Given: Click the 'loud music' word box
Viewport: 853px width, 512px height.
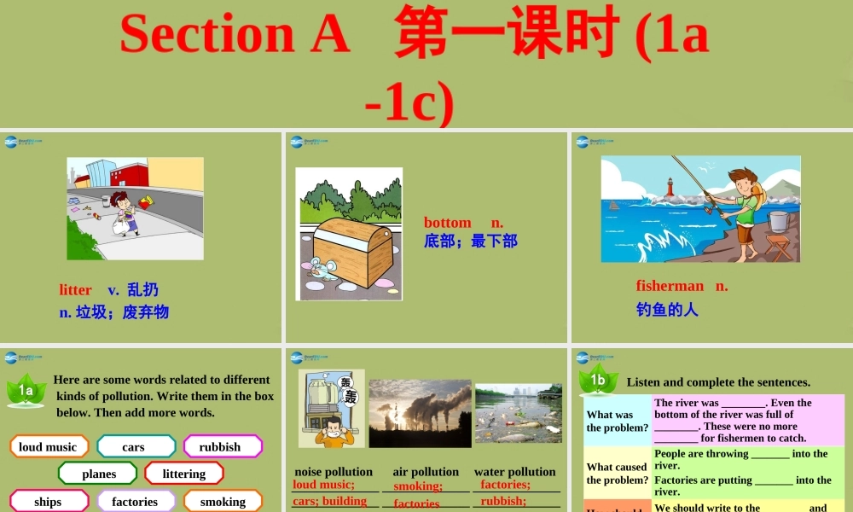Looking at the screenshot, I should pos(48,446).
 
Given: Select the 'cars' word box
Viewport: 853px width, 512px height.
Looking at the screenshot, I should pos(135,446).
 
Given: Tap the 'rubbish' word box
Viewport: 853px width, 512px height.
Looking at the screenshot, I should pos(221,446).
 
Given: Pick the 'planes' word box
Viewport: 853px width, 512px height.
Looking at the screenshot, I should pos(98,474).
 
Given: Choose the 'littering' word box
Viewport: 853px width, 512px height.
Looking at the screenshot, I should pos(184,474).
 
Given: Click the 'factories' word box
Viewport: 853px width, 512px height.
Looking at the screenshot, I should pos(135,501).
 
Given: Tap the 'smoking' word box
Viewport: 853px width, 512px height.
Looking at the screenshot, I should pos(223,501).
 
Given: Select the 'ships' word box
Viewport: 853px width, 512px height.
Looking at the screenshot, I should pos(48,501).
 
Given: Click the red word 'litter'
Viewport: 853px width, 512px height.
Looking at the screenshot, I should pos(76,290).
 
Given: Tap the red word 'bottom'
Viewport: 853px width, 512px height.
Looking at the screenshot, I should pos(448,223).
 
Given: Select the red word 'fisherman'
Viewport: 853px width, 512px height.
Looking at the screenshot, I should pos(670,286).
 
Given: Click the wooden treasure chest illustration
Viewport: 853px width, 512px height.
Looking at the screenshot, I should pos(352,250).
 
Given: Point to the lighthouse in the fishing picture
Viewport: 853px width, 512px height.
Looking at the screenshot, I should pos(669,187).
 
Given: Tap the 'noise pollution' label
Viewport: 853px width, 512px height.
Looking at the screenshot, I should pos(334,472).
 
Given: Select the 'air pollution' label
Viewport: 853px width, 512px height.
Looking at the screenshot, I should pos(426,472).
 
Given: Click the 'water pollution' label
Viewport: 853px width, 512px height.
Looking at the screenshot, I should pos(515,472).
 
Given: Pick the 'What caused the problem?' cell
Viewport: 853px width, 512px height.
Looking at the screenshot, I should pos(618,474).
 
